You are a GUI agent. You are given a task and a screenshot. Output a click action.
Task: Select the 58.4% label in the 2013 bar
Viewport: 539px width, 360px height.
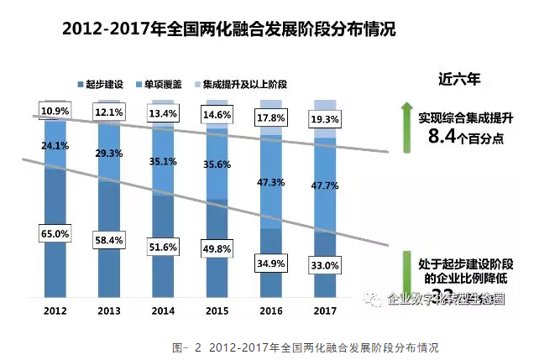tap(110, 239)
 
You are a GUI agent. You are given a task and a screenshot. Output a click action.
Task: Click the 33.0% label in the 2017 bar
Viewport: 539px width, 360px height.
tap(325, 266)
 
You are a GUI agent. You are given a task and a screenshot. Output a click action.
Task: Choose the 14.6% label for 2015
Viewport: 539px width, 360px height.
tap(217, 115)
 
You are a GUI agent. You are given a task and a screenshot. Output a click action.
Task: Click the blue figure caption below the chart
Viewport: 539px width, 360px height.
tap(306, 346)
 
